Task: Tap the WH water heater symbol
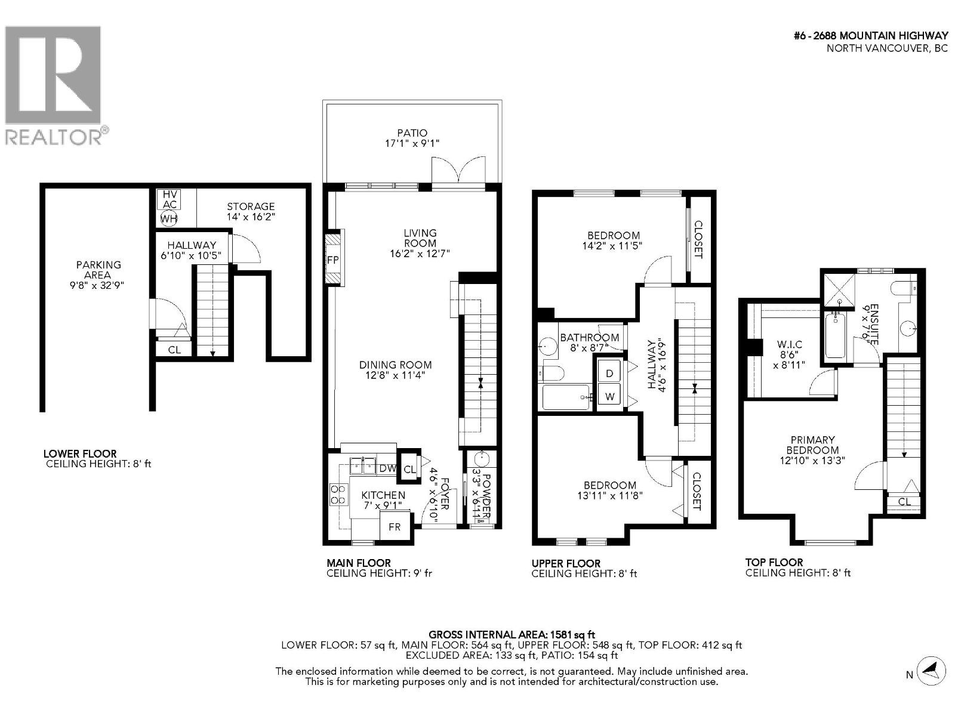169,218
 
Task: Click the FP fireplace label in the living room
333,260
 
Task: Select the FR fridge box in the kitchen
395,527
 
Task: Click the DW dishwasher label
387,469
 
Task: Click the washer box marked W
609,396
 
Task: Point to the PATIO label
412,133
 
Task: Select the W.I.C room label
789,345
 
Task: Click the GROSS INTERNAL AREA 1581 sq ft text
512,635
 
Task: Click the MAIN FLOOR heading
358,563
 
